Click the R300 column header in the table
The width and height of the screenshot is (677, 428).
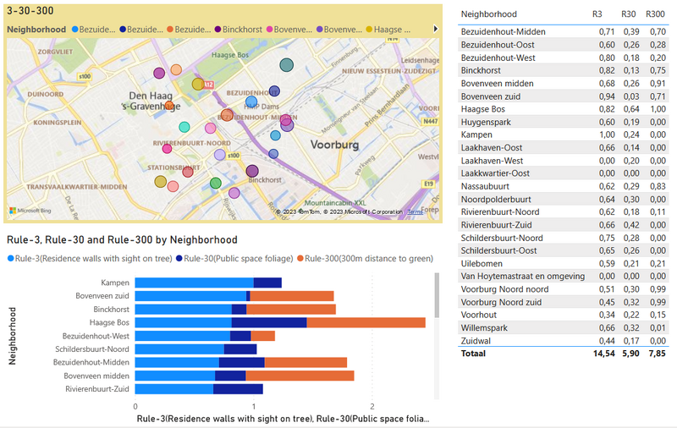654,14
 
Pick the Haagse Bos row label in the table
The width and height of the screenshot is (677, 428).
482,109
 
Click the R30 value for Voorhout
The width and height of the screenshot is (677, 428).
630,314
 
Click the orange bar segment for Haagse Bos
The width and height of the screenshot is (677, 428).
366,322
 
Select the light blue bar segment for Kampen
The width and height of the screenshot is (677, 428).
194,283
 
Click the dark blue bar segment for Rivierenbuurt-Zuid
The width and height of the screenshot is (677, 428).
238,389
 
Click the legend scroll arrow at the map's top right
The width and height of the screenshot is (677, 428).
435,29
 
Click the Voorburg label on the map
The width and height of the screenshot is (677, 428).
336,145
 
